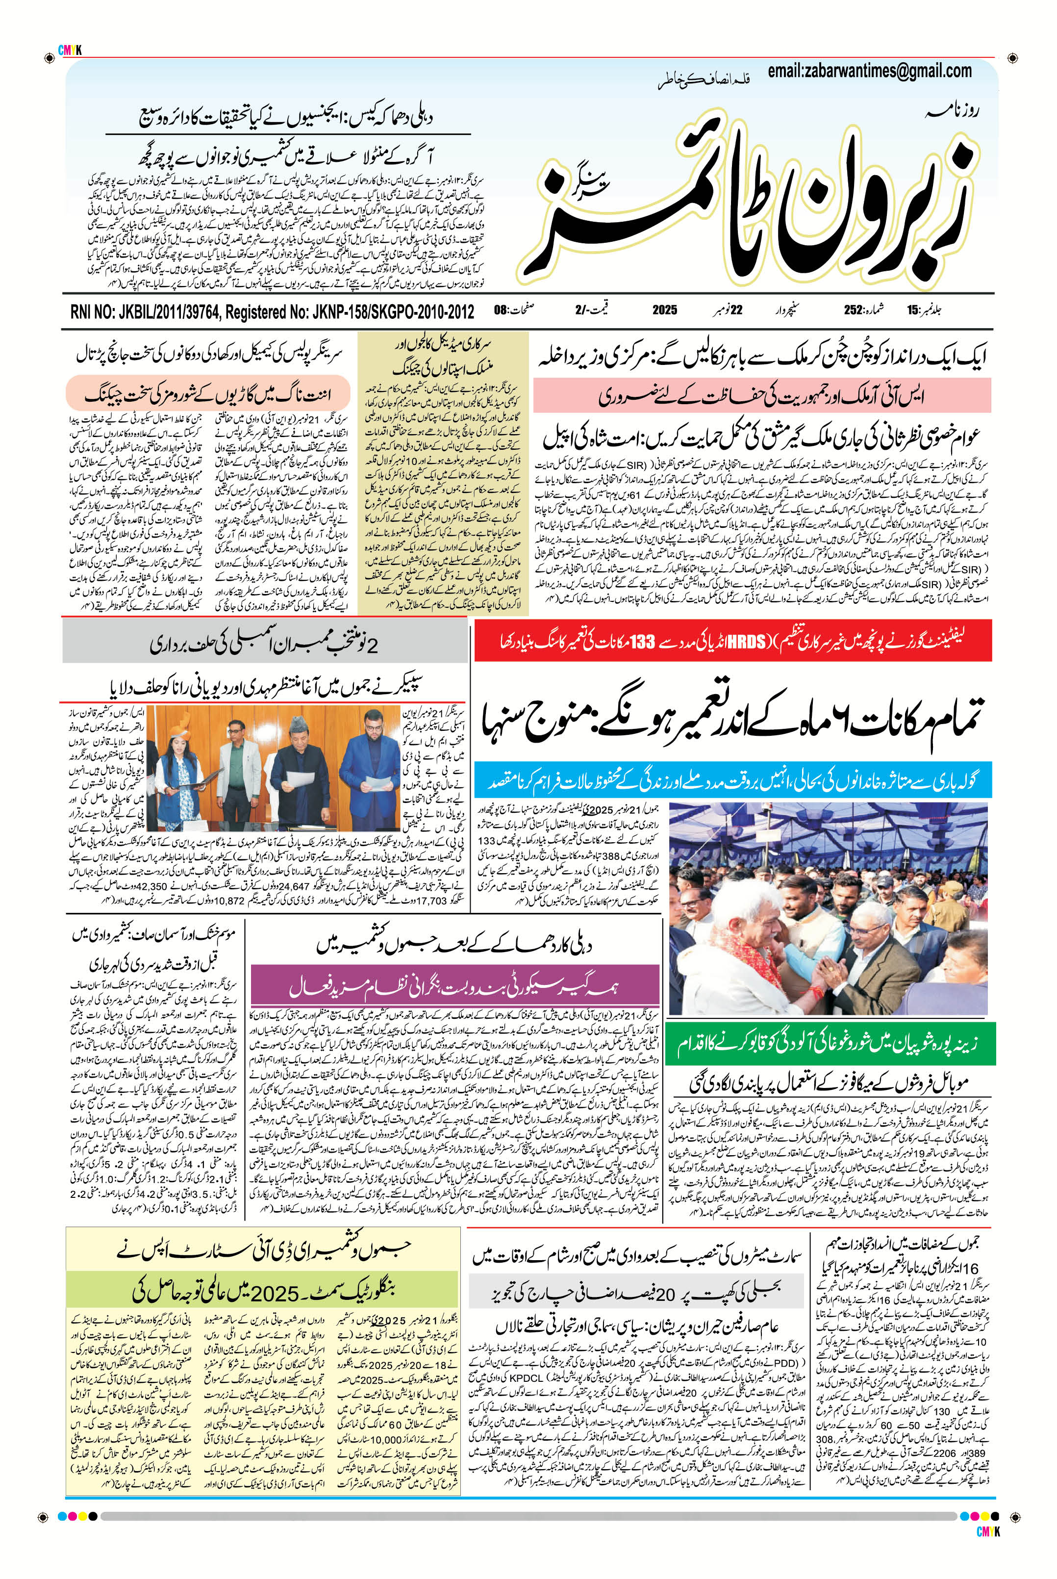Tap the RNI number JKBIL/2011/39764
coord(145,311)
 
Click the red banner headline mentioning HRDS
coord(733,642)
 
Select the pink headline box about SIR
coord(762,395)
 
